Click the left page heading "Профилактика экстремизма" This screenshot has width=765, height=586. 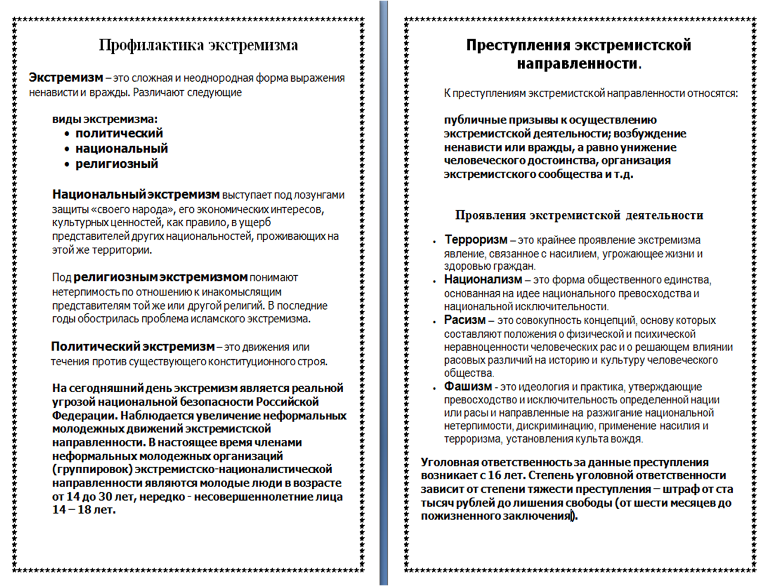pos(198,45)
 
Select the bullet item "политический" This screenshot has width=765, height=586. pos(119,133)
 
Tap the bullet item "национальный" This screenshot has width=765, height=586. pos(121,149)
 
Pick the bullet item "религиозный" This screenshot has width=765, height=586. pos(116,164)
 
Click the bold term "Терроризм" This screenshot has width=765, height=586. pos(476,240)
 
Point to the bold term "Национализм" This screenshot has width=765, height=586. pos(483,279)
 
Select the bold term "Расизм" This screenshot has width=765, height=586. pos(465,320)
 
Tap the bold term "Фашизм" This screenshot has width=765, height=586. pos(468,386)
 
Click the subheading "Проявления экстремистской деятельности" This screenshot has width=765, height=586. pos(579,215)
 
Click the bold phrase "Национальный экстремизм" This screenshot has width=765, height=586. pos(136,195)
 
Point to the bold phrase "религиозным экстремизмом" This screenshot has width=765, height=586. pos(160,277)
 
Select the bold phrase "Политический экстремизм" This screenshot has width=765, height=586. pos(132,347)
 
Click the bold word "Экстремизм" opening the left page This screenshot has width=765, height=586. pos(66,78)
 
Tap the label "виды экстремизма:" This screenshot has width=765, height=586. pos(104,118)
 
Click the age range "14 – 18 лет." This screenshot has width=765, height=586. pos(84,510)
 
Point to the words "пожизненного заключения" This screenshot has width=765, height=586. pos(495,516)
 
